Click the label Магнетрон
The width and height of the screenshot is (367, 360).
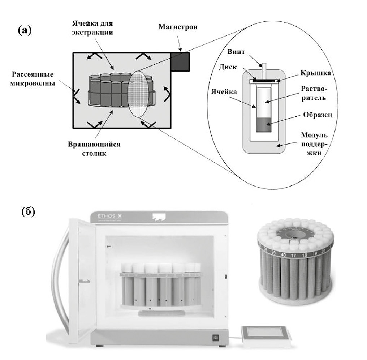[x=177, y=27]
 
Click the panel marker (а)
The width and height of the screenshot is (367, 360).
[x=25, y=30]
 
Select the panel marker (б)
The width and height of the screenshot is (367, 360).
[x=28, y=211]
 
